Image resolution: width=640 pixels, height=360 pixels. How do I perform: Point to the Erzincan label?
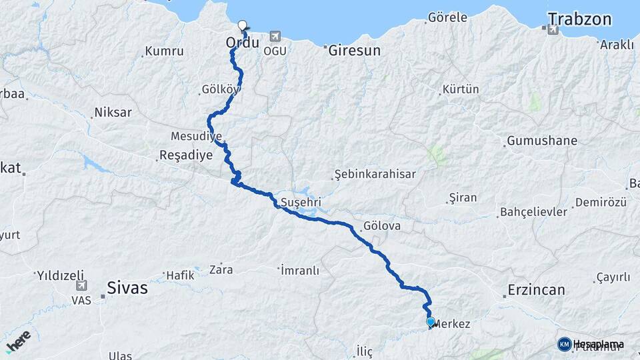536,290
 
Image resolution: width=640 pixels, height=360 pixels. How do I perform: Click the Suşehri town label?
301,201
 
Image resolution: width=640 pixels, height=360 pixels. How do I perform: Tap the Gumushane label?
542,141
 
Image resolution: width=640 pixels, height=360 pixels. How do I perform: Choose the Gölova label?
382,226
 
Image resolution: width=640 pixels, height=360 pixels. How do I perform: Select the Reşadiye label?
185,155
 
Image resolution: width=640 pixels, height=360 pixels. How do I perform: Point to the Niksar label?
113,112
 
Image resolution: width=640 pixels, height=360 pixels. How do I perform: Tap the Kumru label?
163,51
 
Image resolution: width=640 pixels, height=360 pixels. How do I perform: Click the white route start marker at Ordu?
242,25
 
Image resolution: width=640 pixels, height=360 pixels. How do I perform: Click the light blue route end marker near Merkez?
431,322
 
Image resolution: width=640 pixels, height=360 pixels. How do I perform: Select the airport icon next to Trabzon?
552,30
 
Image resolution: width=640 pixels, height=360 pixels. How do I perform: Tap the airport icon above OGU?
275,37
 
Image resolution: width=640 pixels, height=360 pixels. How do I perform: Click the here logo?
18,341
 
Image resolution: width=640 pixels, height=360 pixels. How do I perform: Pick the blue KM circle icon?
564,344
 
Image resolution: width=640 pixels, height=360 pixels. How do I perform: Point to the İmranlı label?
299,271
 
